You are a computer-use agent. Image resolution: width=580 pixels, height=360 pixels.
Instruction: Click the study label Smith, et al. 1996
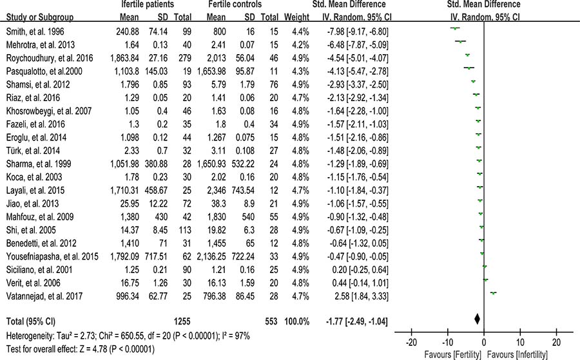point(35,32)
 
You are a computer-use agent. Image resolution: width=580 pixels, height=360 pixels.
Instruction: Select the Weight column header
point(296,17)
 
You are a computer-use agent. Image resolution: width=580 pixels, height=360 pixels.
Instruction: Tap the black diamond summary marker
point(477,319)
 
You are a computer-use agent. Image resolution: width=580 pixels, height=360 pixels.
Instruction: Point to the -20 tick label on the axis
point(411,342)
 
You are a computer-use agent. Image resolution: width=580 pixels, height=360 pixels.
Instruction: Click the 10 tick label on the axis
point(520,342)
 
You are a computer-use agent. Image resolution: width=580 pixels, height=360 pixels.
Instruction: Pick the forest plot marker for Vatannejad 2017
point(493,293)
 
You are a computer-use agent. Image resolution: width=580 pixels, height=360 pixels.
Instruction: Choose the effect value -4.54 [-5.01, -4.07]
point(358,59)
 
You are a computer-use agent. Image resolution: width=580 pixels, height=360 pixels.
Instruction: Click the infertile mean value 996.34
point(127,296)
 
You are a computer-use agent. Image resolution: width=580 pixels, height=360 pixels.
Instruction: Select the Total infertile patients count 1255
point(182,321)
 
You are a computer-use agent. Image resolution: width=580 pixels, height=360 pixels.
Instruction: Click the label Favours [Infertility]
point(517,355)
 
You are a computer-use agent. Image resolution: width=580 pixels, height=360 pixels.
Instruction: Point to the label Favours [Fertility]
point(453,355)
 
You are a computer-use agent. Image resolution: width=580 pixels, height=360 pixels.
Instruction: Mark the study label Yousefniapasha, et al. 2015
point(53,256)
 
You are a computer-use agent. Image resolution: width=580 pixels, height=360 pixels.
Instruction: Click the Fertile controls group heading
point(235,5)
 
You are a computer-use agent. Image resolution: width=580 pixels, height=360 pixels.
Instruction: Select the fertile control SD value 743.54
point(243,191)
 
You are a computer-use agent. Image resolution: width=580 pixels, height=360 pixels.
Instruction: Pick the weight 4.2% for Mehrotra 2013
point(300,45)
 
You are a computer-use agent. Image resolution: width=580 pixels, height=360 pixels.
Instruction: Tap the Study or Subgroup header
point(40,17)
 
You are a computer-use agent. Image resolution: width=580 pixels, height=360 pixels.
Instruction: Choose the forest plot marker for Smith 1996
point(454,28)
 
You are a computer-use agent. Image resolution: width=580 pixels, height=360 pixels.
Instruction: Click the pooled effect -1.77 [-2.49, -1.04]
point(357,321)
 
